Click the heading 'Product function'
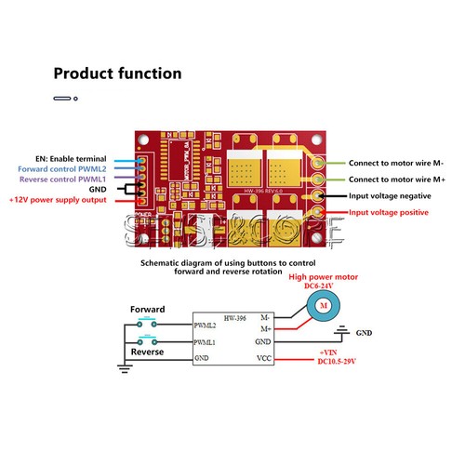point(117,73)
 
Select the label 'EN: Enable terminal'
point(70,159)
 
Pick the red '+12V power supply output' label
point(57,200)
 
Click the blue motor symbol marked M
point(323,305)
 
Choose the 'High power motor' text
point(322,277)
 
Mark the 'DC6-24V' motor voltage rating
point(323,287)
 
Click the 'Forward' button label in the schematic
point(147,309)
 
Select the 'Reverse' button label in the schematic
point(147,352)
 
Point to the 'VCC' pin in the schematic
point(263,357)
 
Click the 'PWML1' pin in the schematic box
point(206,342)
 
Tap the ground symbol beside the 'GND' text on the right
point(342,329)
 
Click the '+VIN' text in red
point(327,352)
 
